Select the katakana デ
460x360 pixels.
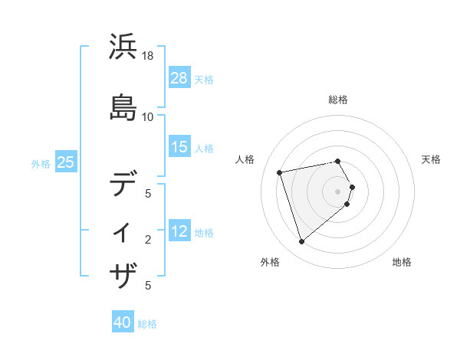[124, 185]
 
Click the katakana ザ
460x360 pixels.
[124, 273]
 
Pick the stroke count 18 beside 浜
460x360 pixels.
[149, 57]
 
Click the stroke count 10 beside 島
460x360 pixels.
[148, 116]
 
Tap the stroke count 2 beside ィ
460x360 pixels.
[148, 240]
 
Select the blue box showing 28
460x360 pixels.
[179, 78]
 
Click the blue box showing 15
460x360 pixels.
[179, 147]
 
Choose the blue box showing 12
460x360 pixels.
[179, 232]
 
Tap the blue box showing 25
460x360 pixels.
[65, 162]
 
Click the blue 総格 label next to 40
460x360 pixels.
[147, 324]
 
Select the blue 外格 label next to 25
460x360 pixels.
[41, 163]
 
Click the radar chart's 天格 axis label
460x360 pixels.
[431, 159]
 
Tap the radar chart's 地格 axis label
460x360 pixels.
[402, 262]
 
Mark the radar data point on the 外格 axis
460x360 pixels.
[301, 242]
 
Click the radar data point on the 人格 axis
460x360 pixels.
[280, 172]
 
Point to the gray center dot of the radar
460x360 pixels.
[337, 191]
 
